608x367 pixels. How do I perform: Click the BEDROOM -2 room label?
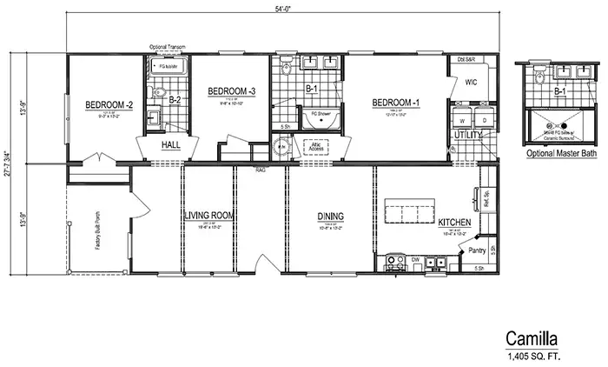(108, 106)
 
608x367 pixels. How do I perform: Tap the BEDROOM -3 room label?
(231, 91)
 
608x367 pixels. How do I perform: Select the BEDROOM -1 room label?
(396, 103)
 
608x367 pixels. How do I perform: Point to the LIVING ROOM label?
(210, 216)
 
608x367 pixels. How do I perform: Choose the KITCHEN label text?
(454, 223)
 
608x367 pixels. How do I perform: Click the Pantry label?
(476, 250)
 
